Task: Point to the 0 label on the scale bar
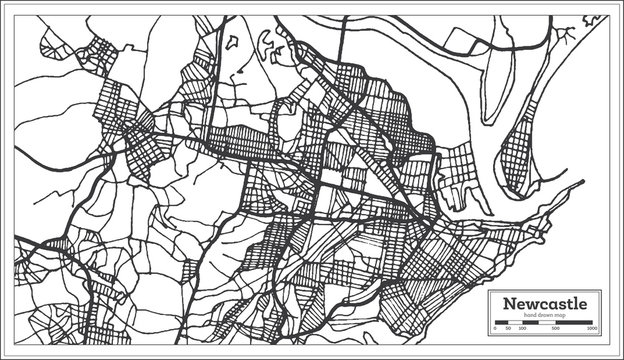(x=495, y=328)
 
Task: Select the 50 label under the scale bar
(x=507, y=328)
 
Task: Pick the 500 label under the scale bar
(x=556, y=328)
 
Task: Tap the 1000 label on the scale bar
(x=593, y=328)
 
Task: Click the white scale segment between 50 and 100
(x=514, y=321)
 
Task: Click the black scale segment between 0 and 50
(x=501, y=321)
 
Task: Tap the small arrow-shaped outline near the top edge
(x=233, y=41)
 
